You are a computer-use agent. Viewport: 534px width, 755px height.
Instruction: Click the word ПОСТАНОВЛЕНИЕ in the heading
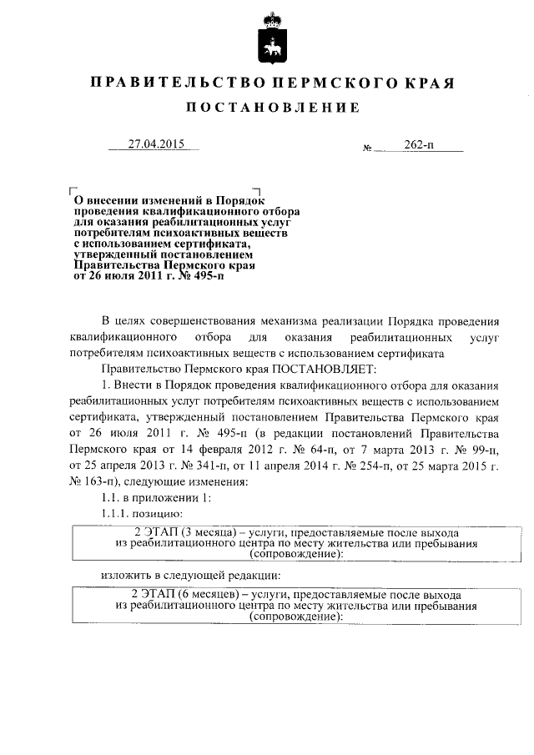point(272,108)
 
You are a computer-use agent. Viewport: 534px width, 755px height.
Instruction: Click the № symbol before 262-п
point(367,148)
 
